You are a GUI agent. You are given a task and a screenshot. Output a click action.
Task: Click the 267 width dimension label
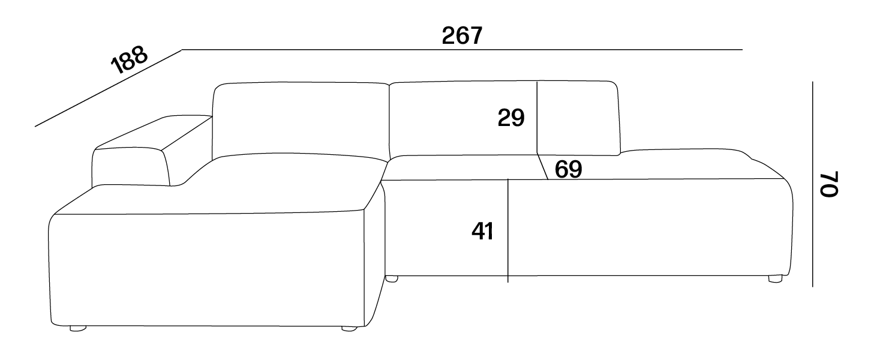coord(462,36)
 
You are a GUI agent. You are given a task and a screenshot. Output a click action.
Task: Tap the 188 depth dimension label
coord(129,59)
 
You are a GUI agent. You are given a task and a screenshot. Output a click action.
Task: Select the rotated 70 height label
coord(830,184)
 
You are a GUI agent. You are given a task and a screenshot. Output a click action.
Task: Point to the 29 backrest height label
coord(511,118)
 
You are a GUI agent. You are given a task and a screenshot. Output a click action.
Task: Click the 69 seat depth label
coord(568,169)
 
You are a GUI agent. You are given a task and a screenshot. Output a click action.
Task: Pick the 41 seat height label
coord(482,232)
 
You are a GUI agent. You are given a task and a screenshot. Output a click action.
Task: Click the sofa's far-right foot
coord(775,278)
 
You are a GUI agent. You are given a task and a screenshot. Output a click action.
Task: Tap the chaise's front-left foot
coord(78,329)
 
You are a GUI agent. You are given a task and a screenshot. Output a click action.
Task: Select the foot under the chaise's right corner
coord(349,329)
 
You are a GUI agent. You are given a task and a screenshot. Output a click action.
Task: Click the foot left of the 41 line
coord(392,279)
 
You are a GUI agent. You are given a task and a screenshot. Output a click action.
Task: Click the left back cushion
coord(301,121)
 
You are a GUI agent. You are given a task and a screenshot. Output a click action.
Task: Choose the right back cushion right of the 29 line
coord(578,118)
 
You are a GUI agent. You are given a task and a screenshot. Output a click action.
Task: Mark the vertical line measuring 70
coord(812,184)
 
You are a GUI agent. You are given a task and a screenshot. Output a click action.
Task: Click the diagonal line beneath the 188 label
coord(109,88)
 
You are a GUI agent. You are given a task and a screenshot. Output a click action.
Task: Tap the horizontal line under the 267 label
coord(462,50)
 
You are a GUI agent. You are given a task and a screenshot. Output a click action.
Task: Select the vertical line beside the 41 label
coord(508,230)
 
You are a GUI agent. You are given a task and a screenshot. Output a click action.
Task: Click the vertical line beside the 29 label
coord(537,118)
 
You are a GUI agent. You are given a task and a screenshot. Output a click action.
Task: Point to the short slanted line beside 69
coord(542,167)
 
